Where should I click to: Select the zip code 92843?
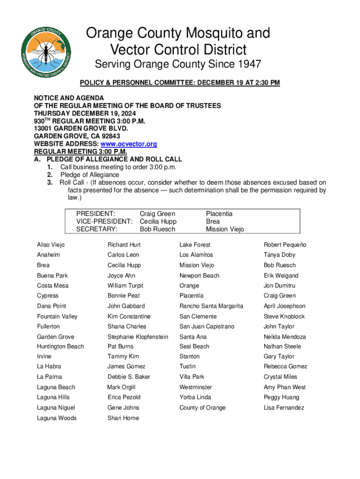click(101, 136)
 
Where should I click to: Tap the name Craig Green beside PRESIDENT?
click(158, 214)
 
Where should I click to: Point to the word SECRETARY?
click(97, 229)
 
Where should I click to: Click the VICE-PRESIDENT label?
click(104, 221)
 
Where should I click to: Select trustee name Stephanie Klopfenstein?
click(137, 337)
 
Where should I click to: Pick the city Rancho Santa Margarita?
click(211, 306)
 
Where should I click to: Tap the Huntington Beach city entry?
click(60, 347)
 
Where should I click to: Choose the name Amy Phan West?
click(284, 387)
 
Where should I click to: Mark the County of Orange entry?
click(202, 408)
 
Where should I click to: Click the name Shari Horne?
click(123, 418)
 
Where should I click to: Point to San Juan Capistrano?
click(207, 327)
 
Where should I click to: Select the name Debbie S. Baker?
click(129, 377)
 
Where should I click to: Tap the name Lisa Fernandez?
click(284, 408)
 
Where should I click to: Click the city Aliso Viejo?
click(51, 245)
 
